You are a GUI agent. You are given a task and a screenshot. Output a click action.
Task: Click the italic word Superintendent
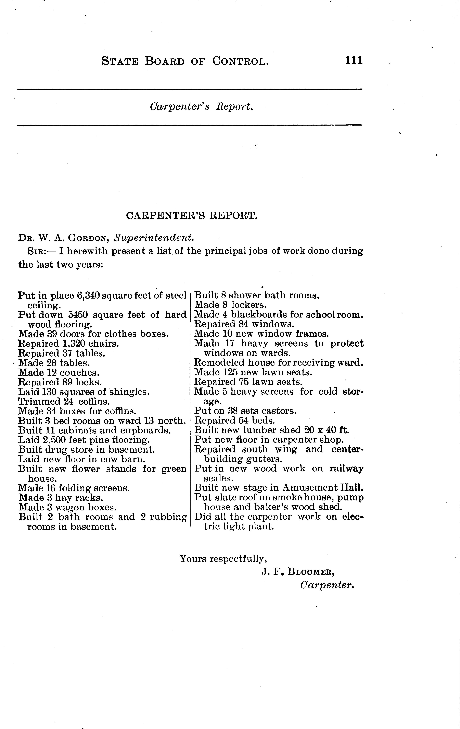pyautogui.click(x=153, y=238)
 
